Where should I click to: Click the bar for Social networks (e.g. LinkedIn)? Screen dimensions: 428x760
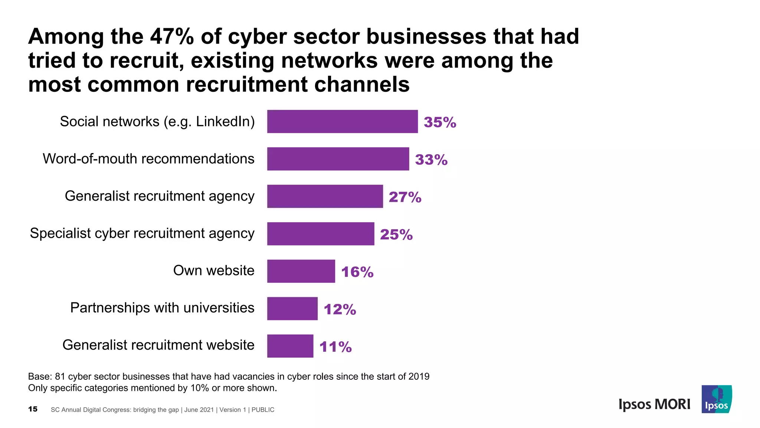coord(342,121)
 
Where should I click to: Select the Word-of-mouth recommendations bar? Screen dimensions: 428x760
coord(338,159)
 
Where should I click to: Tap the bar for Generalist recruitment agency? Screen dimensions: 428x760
coord(325,196)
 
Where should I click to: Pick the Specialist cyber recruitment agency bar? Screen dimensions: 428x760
coord(321,234)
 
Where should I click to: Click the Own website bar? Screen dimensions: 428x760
coord(301,271)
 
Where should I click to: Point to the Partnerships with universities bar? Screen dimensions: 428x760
coord(292,308)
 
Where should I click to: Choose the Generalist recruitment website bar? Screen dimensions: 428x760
coord(290,346)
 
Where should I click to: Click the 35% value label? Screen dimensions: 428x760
coord(440,122)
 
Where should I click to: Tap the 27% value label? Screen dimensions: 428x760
coord(405,197)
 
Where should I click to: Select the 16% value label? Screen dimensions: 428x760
coord(357,272)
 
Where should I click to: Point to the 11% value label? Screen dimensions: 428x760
coord(335,347)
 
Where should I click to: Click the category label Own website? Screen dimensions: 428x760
coord(214,270)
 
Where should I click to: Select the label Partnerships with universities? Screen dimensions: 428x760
coord(162,308)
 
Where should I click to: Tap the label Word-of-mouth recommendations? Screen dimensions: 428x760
coord(148,159)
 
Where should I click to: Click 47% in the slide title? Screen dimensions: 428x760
coord(172,36)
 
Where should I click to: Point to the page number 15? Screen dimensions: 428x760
coord(33,409)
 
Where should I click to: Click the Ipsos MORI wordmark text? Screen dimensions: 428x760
coord(654,404)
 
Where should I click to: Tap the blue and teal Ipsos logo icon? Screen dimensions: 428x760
coord(717,399)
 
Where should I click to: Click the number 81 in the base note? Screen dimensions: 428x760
coord(60,376)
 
